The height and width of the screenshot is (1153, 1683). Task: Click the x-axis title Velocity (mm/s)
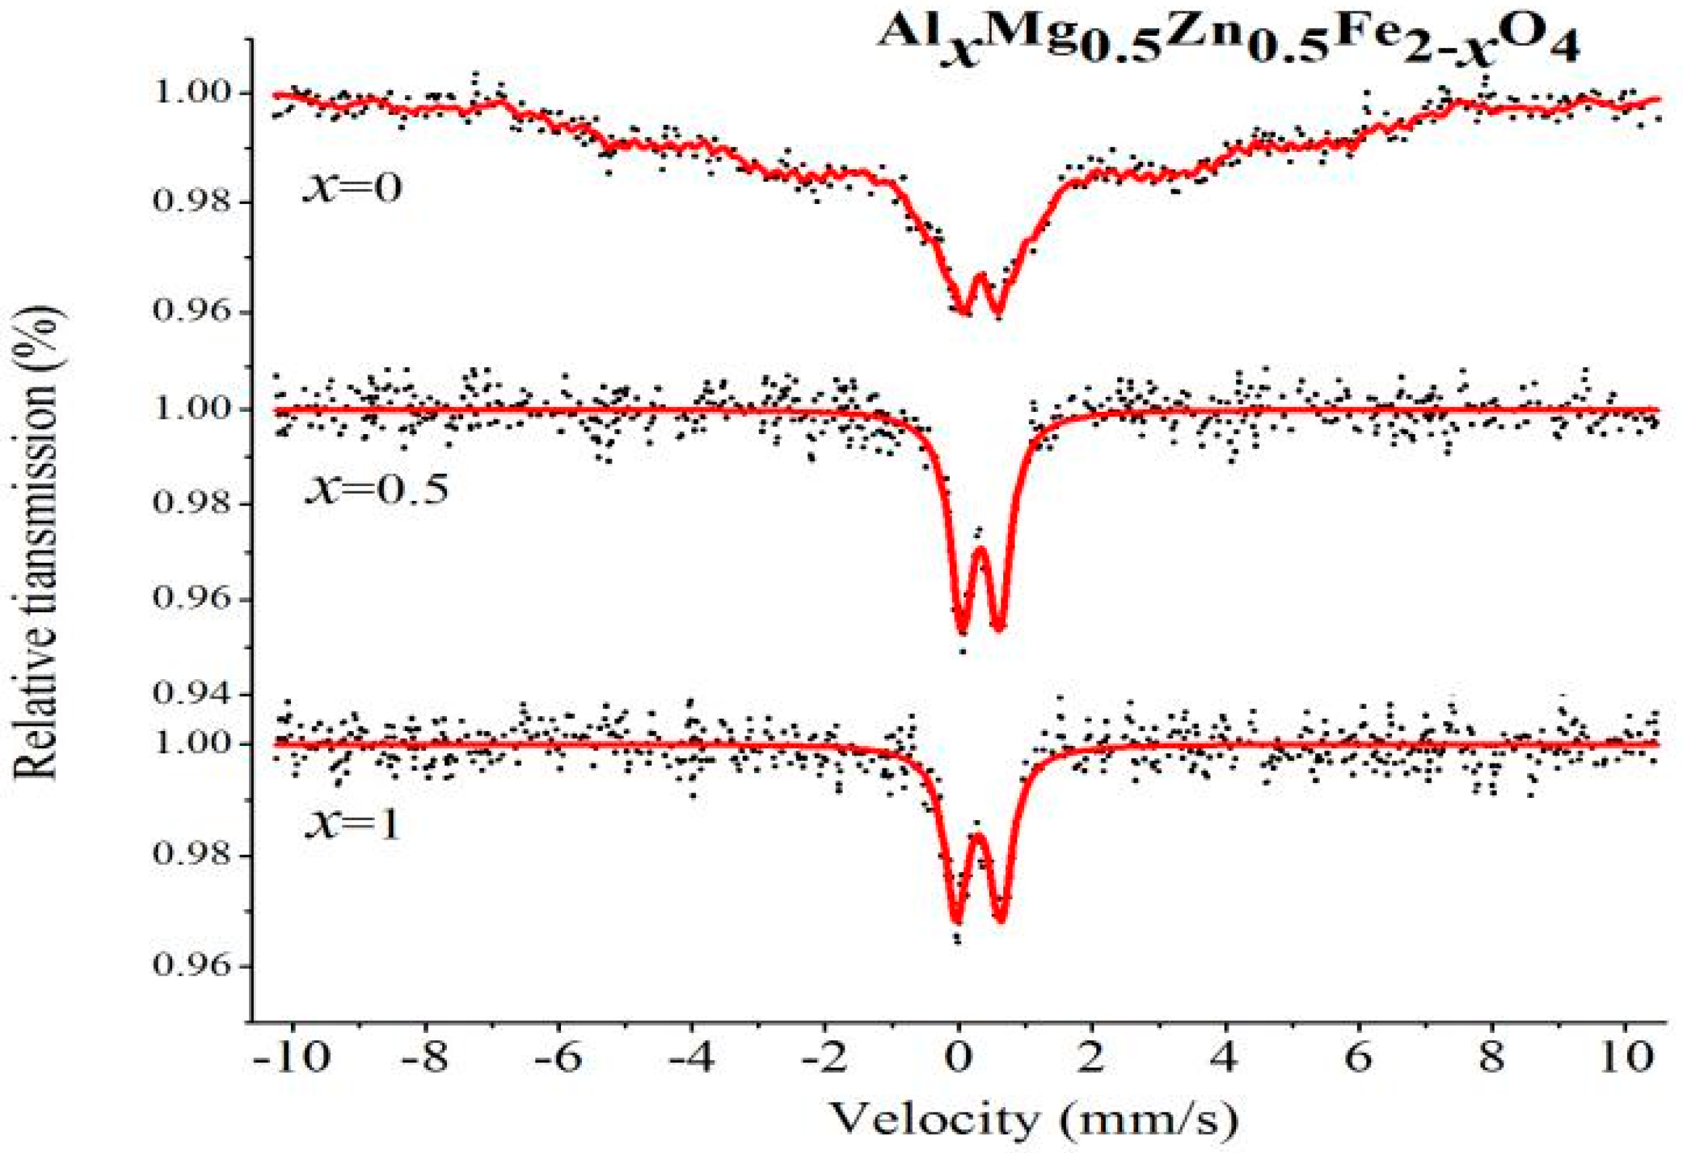point(1033,1119)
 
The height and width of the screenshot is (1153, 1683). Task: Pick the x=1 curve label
point(352,824)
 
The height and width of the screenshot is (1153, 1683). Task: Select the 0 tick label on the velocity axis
point(959,1058)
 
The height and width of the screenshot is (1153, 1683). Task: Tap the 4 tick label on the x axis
point(1225,1058)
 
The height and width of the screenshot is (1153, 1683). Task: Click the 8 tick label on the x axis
point(1492,1058)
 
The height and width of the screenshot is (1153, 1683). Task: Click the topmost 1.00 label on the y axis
point(192,93)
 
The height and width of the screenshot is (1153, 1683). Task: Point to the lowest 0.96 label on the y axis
point(192,966)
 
